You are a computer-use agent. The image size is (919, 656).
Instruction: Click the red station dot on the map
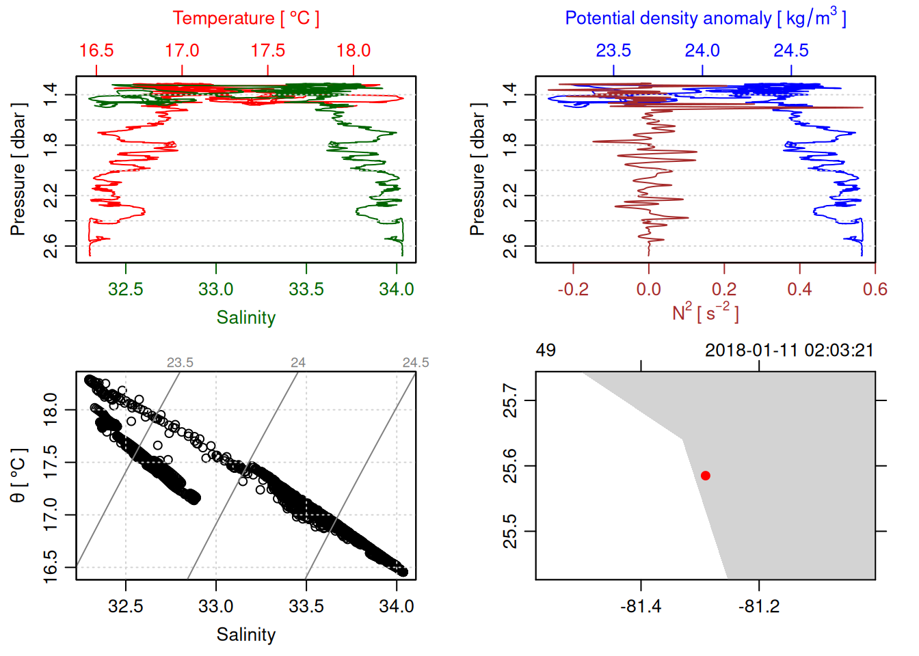(x=705, y=476)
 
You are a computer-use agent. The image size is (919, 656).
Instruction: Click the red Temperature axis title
(x=245, y=18)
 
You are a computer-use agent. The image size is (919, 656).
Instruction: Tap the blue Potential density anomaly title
(x=705, y=18)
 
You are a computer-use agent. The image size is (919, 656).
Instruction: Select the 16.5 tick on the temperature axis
(x=96, y=51)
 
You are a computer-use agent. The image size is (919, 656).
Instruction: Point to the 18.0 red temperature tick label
(x=354, y=51)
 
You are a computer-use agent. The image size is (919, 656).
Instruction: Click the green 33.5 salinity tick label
(x=306, y=289)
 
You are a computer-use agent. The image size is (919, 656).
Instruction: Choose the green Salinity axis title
(x=245, y=318)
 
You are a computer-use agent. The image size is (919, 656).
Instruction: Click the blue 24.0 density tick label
(x=702, y=51)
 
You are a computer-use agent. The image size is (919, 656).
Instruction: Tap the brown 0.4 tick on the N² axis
(x=799, y=289)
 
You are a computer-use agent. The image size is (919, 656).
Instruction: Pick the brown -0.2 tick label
(x=573, y=289)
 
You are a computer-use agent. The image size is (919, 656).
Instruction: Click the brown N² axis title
(x=705, y=313)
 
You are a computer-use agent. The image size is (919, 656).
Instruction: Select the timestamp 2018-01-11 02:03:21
(x=789, y=351)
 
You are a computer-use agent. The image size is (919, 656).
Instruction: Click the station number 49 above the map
(x=546, y=351)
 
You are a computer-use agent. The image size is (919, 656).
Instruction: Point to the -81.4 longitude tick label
(x=641, y=606)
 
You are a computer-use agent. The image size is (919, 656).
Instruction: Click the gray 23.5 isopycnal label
(x=180, y=363)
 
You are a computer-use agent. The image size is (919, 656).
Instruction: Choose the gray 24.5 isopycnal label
(x=416, y=363)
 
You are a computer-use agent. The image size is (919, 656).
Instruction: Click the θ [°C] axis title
(x=18, y=476)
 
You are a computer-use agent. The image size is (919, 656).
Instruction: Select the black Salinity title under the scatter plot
(x=245, y=635)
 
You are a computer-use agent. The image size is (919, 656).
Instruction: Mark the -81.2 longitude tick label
(x=759, y=606)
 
